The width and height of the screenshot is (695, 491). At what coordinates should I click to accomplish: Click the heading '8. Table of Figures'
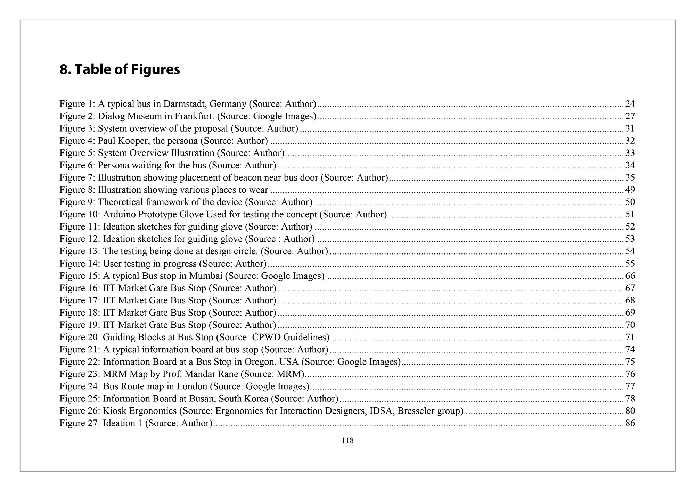[x=120, y=69]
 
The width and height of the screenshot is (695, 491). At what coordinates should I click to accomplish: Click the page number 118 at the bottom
[x=347, y=441]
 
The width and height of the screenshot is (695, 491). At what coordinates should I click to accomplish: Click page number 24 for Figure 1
[x=630, y=104]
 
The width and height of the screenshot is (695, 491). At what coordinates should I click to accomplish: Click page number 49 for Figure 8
[x=630, y=190]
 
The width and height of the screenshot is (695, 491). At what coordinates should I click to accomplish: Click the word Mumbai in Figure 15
[x=205, y=276]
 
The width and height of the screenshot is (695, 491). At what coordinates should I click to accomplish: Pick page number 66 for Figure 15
[x=630, y=276]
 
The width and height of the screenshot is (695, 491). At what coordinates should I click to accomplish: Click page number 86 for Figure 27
[x=630, y=423]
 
